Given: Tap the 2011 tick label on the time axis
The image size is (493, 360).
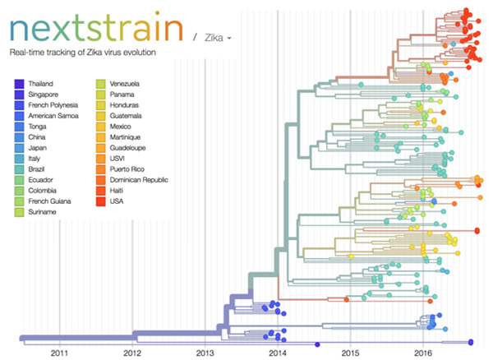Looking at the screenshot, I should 59,352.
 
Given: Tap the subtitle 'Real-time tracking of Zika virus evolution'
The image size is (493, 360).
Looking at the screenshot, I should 81,53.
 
